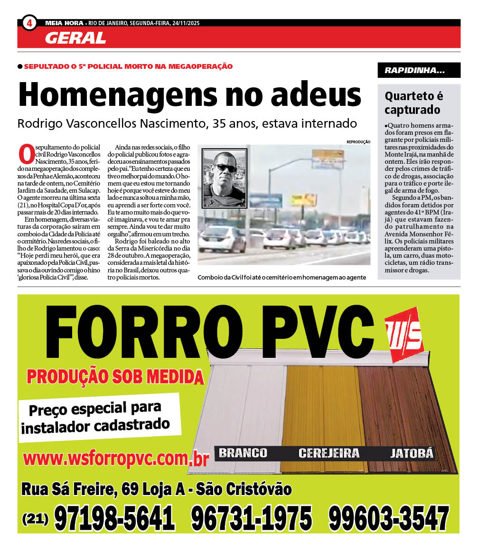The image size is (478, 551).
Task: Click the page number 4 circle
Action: [29, 22]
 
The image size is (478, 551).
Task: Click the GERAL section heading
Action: [75, 38]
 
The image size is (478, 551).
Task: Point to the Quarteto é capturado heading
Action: [413, 103]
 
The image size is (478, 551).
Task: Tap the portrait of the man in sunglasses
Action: [224, 178]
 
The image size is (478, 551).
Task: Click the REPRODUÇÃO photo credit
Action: [358, 142]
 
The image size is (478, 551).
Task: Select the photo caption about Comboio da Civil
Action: [281, 278]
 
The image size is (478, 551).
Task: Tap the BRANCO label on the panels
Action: [243, 453]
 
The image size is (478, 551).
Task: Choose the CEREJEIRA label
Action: [328, 453]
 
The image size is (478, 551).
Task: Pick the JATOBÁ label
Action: [412, 453]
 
